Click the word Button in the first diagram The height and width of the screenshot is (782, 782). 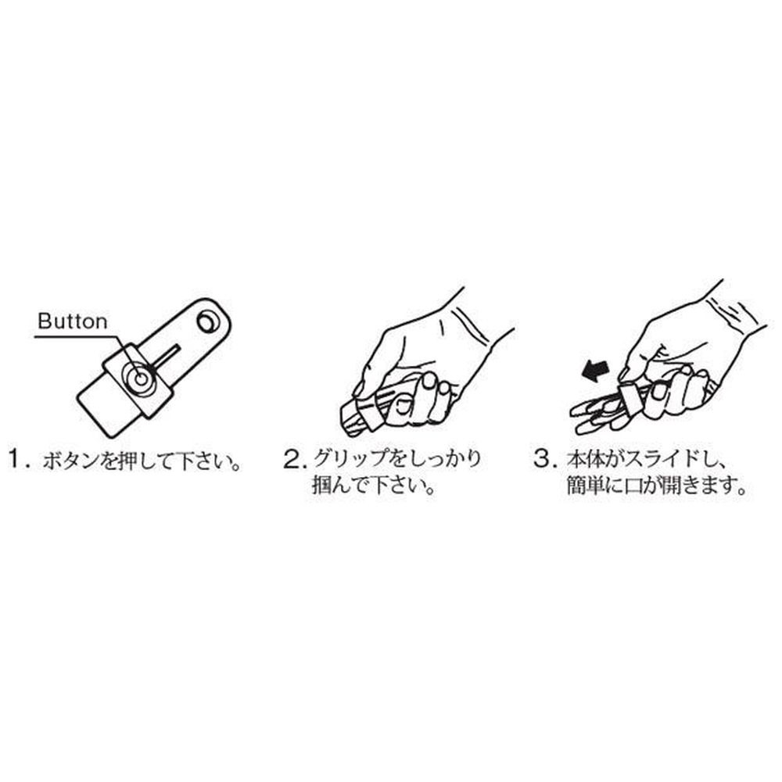coord(72,321)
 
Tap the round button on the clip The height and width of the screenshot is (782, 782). coord(140,379)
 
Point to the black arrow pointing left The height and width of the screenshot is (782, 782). coord(595,371)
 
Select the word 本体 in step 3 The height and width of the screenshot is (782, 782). coord(584,459)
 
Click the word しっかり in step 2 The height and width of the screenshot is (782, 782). coord(437,459)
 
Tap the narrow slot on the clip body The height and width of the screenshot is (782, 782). coord(167,357)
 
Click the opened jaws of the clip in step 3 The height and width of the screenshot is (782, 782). coord(597,411)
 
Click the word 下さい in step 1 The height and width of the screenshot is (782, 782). coord(199,460)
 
